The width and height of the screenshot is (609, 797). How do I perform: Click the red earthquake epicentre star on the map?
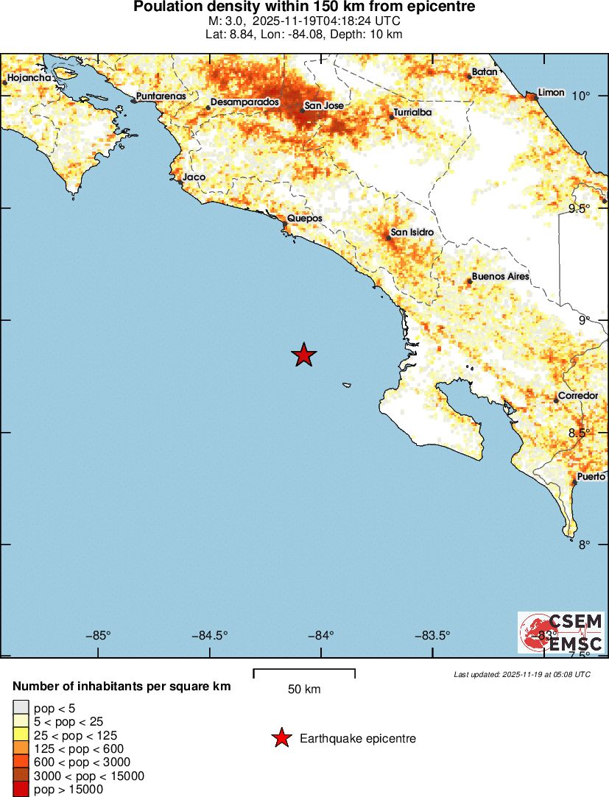pos(303,355)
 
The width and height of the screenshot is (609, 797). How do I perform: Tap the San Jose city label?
pos(324,106)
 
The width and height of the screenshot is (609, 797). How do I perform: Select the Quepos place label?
pos(304,219)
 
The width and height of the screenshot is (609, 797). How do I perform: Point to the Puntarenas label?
pos(161,96)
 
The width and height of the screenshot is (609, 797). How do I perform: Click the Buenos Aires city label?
pos(500,277)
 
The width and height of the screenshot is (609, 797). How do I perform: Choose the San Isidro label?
pos(412,233)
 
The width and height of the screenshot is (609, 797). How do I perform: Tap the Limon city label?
pos(552,93)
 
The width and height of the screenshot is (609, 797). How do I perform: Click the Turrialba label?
pos(412,113)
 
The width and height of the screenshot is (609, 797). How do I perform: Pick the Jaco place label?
pos(194,177)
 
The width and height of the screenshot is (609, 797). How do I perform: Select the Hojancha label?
pos(29,78)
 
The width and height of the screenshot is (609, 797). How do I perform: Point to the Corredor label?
pos(578,396)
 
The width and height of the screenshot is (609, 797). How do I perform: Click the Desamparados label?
pos(244,102)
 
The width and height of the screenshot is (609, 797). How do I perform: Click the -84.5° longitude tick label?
pos(211,636)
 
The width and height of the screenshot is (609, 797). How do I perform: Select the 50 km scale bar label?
pos(304,690)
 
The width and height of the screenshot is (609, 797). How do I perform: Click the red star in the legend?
pos(281,738)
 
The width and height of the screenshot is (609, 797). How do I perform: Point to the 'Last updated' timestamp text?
pos(521,674)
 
